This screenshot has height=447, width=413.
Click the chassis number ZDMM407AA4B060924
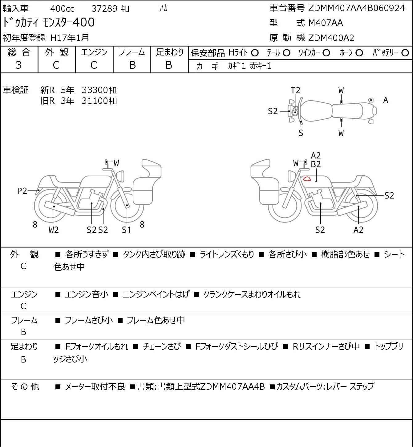click(x=356, y=8)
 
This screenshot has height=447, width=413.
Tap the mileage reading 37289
click(x=105, y=9)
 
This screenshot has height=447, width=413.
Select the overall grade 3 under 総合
click(x=18, y=65)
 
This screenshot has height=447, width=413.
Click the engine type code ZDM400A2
click(x=331, y=38)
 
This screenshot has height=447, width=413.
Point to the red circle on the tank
click(x=307, y=179)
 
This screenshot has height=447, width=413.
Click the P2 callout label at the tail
click(x=22, y=191)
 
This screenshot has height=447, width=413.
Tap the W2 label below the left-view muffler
click(x=54, y=230)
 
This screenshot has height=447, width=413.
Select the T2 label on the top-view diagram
click(x=295, y=90)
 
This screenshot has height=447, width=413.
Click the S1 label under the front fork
click(x=126, y=230)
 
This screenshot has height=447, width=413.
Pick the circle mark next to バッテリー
click(x=405, y=53)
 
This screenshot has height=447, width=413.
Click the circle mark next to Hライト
click(x=255, y=53)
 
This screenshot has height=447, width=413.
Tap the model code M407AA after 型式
click(x=326, y=23)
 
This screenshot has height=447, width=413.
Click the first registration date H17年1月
click(x=70, y=38)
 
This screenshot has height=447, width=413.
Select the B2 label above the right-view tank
click(x=316, y=164)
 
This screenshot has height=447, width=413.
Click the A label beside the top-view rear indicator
click(x=386, y=100)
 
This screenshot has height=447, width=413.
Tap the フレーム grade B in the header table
click(x=132, y=65)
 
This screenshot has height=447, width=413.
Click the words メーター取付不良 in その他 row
click(x=95, y=387)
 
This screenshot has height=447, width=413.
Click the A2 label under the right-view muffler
click(x=358, y=230)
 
